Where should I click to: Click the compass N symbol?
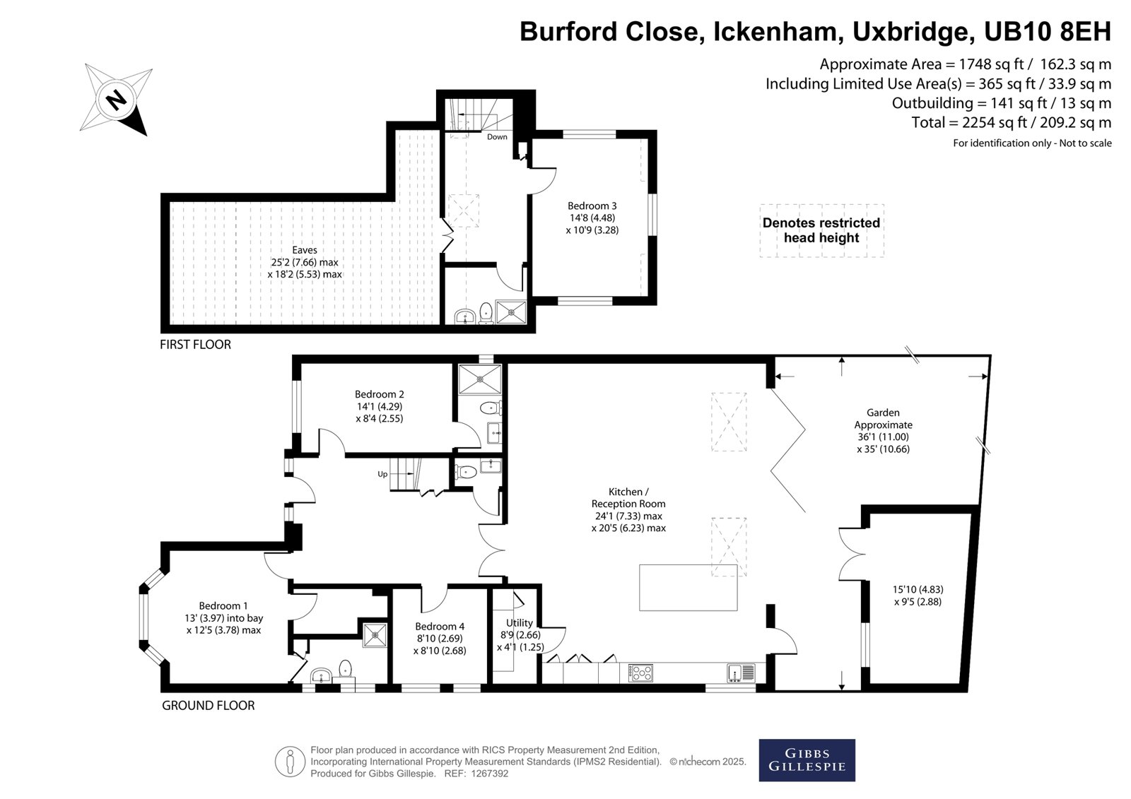coord(116,100)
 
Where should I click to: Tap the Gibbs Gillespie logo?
coord(807,760)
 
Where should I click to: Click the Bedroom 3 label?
coord(592,206)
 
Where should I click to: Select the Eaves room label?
coord(305,250)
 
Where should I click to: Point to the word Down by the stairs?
coord(497,137)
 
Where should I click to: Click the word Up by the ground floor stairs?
coord(382,474)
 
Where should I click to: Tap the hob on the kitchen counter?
coord(640,673)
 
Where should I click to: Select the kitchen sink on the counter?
coord(742,673)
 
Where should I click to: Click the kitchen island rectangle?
coord(688,588)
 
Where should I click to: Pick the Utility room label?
coord(519,623)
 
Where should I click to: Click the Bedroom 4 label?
coord(440,627)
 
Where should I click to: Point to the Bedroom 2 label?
coord(379,394)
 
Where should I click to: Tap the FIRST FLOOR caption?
coord(195,345)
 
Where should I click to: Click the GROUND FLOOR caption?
coord(208,706)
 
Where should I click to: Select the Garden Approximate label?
coord(883,419)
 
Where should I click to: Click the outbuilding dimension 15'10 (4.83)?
coord(918,589)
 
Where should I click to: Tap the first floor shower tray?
coord(512,312)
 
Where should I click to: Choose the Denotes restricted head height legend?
coord(821,230)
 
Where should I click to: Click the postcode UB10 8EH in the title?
coord(1048,31)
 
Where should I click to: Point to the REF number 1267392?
coord(490,774)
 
